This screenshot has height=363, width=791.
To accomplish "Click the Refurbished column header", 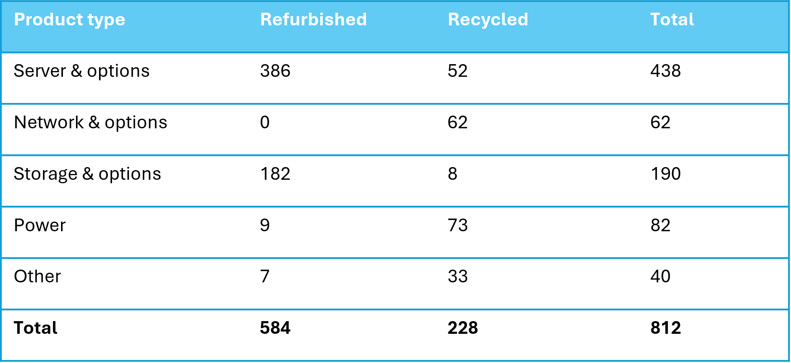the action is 314,20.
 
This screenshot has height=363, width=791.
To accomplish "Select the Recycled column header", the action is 488,20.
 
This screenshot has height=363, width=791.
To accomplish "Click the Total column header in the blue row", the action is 672,20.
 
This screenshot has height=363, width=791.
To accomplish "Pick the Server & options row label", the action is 81,71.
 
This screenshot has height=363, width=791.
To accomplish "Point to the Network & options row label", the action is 91,123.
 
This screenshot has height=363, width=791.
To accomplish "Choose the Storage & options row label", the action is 88,174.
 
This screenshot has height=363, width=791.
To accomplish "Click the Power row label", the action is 40,225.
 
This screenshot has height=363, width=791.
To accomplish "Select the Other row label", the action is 37,277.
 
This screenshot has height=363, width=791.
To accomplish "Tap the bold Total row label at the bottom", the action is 36,328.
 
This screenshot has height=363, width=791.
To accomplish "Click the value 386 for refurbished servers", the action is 275,71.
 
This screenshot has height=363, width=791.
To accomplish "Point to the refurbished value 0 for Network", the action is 265,123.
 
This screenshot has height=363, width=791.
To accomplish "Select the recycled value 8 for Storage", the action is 452,174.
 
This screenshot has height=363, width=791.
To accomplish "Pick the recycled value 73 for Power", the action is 457,225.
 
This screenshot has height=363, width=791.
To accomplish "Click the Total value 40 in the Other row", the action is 660,277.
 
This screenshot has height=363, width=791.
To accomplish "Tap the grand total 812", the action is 665,328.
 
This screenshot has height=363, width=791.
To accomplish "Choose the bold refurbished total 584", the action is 275,328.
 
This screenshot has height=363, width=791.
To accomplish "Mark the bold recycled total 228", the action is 462,328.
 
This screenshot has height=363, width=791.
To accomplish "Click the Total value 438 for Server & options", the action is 665,71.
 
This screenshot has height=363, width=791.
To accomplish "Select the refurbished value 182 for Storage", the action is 275,174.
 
